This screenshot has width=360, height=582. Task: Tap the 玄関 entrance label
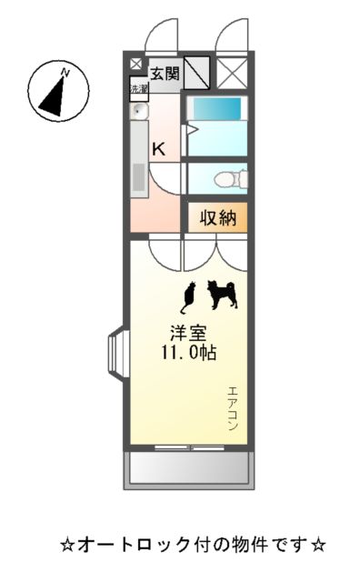(x=165, y=74)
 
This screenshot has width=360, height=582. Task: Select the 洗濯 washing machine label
(x=138, y=89)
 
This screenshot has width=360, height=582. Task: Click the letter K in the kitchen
(x=158, y=149)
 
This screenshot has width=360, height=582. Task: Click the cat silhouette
(x=189, y=295)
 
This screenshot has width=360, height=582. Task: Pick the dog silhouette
(x=222, y=294)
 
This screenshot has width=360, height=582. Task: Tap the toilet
(x=227, y=178)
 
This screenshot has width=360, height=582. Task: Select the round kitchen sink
(x=139, y=112)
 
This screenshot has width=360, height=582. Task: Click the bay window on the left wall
(x=118, y=350)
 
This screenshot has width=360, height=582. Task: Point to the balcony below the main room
(x=189, y=467)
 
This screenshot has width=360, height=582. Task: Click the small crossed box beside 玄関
(x=135, y=65)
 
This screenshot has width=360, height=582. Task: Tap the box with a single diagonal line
(x=197, y=71)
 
